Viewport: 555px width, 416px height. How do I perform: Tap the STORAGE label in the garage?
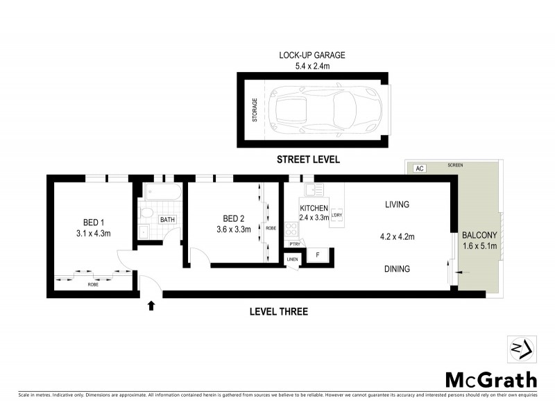(255, 110)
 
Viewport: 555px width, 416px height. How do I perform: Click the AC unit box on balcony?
(419, 168)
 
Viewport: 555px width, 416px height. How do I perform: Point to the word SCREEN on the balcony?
(455, 166)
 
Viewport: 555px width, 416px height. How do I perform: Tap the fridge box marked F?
(317, 255)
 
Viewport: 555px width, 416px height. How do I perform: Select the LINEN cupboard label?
(292, 259)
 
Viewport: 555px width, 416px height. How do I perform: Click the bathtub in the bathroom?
(162, 193)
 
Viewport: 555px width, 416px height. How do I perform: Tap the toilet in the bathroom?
(146, 214)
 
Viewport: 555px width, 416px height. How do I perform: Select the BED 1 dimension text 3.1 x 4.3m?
(92, 233)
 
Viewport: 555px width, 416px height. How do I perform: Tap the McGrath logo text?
(490, 379)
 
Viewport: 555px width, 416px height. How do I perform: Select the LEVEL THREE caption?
(278, 311)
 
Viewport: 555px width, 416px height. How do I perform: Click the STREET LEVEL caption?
(308, 159)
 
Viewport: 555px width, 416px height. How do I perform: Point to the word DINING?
(396, 269)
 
